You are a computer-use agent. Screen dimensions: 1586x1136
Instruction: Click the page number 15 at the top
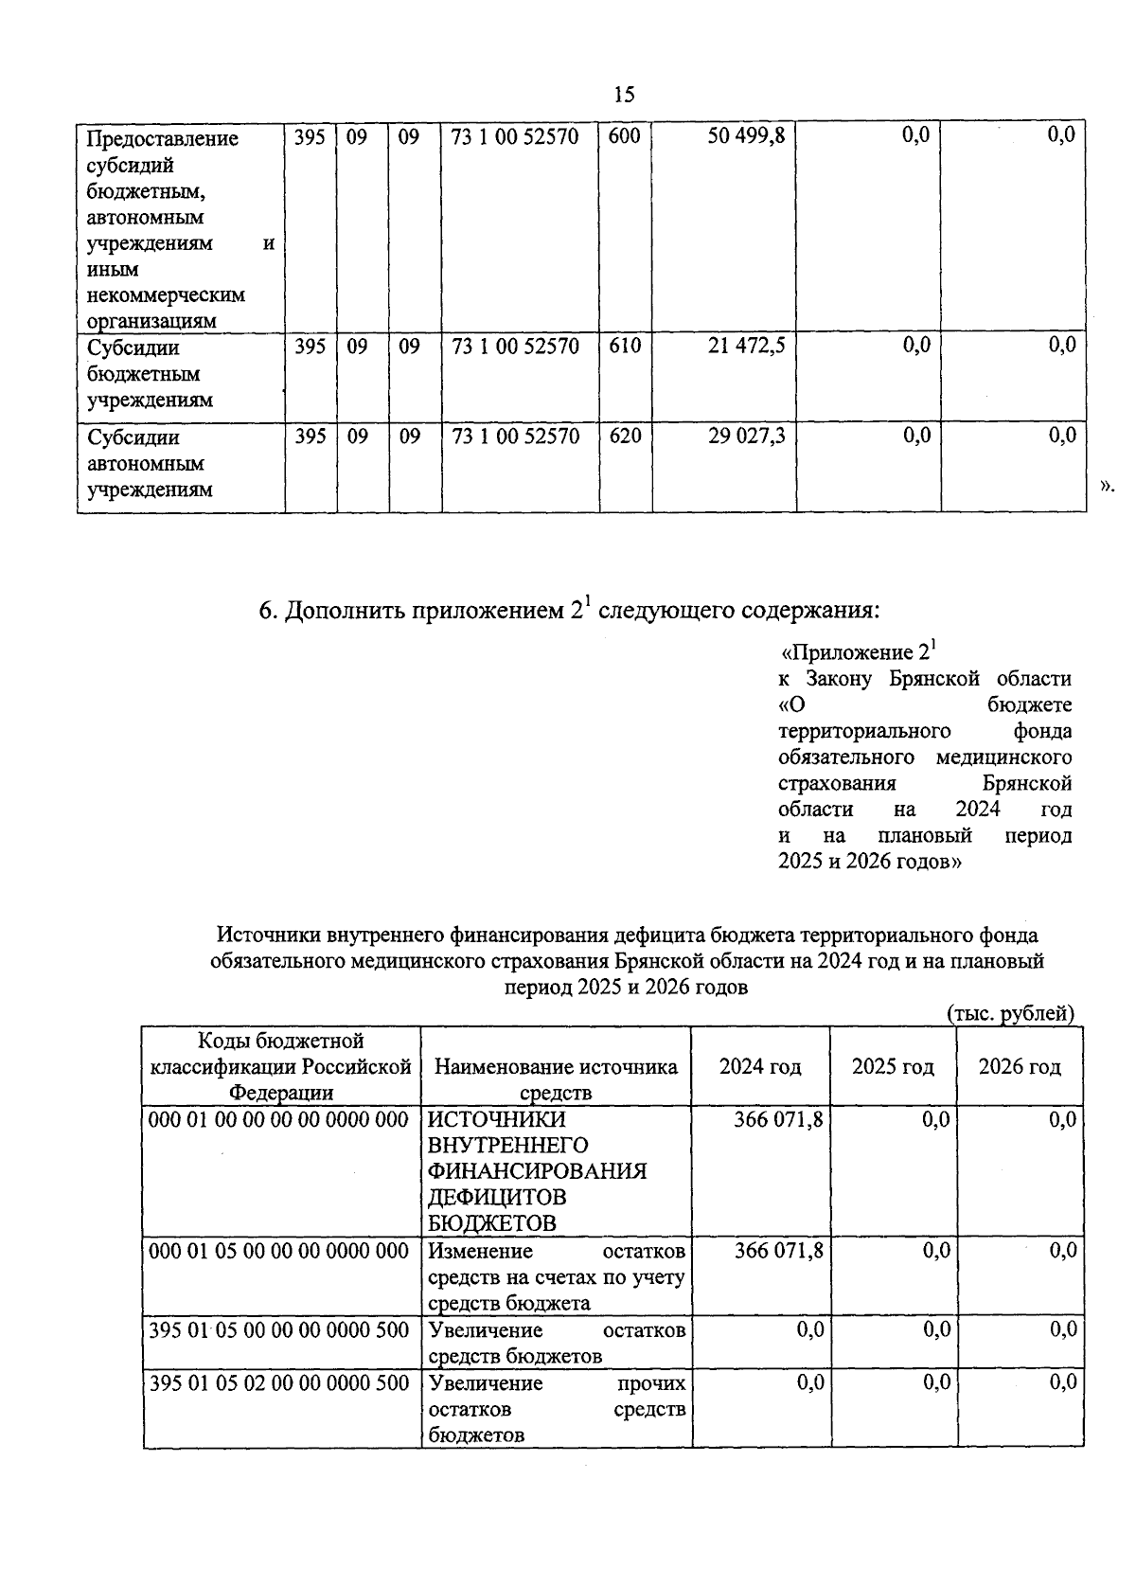pyautogui.click(x=624, y=94)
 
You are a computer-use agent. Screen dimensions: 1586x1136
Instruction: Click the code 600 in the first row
pyautogui.click(x=624, y=136)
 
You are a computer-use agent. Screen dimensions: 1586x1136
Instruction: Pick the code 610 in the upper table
pyautogui.click(x=624, y=347)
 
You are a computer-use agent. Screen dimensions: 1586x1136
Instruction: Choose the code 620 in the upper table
pyautogui.click(x=624, y=437)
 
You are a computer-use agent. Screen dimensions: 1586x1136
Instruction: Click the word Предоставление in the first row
pyautogui.click(x=162, y=139)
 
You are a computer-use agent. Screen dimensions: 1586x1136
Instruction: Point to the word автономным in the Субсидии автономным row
pyautogui.click(x=146, y=464)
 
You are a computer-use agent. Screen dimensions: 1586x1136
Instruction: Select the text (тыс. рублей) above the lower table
pyautogui.click(x=1010, y=1013)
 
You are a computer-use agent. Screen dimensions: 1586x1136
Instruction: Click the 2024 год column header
pyautogui.click(x=759, y=1067)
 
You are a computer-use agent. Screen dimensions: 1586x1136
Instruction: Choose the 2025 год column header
pyautogui.click(x=892, y=1067)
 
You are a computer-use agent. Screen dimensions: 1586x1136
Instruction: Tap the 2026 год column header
pyautogui.click(x=1019, y=1067)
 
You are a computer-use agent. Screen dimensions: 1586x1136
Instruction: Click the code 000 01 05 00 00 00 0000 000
pyautogui.click(x=278, y=1251)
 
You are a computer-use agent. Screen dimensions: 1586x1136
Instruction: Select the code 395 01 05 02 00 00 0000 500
pyautogui.click(x=278, y=1383)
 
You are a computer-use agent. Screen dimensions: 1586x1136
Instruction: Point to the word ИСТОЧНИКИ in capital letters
pyautogui.click(x=496, y=1120)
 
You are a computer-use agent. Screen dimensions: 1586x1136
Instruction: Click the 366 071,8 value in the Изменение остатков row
pyautogui.click(x=778, y=1251)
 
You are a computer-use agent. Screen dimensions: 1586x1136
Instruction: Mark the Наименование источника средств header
pyautogui.click(x=556, y=1078)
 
